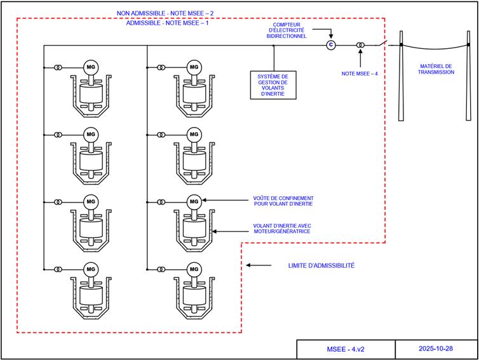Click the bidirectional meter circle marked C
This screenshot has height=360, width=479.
tap(330, 45)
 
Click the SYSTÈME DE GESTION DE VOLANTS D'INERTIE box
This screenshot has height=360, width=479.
tap(273, 84)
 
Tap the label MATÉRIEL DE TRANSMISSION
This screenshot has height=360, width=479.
tap(436, 69)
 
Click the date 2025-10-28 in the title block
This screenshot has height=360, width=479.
tap(436, 349)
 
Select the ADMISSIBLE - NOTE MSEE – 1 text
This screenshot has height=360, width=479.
tap(167, 23)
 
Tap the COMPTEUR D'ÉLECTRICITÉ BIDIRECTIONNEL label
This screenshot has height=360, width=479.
tap(287, 30)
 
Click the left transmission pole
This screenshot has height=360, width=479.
tap(401, 76)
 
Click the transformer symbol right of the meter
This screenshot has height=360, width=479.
tap(360, 45)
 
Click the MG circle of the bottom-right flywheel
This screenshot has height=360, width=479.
tap(194, 269)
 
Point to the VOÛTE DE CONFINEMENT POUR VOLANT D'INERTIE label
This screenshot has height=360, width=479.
tap(283, 201)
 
